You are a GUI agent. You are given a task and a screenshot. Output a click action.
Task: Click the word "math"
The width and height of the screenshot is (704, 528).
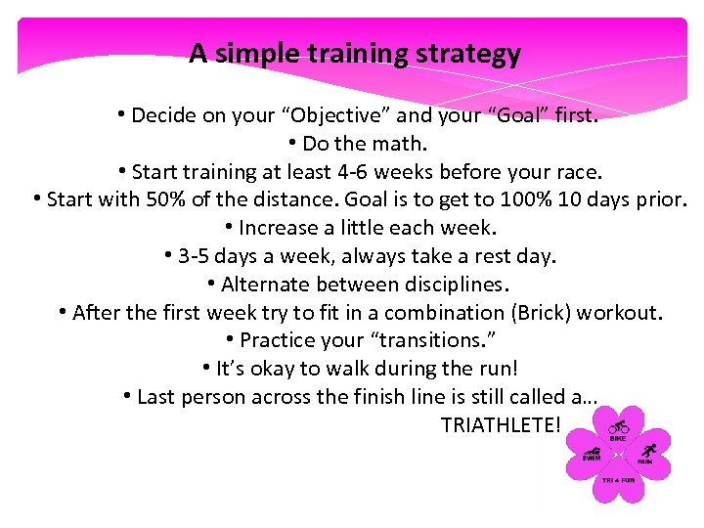point(401,144)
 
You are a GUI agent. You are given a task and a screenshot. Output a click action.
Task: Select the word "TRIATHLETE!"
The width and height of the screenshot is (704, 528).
point(501,425)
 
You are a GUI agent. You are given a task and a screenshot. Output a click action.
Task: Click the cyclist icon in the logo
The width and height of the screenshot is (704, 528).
point(618,427)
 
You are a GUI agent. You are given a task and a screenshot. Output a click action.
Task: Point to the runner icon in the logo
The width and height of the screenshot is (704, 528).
point(646,451)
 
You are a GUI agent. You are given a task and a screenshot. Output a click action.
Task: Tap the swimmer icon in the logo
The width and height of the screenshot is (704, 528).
point(592,451)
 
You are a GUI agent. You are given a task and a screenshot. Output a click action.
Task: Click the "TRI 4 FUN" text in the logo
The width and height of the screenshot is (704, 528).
point(618,481)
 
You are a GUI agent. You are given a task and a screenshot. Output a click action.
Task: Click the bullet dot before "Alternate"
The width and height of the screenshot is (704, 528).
point(211,284)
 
